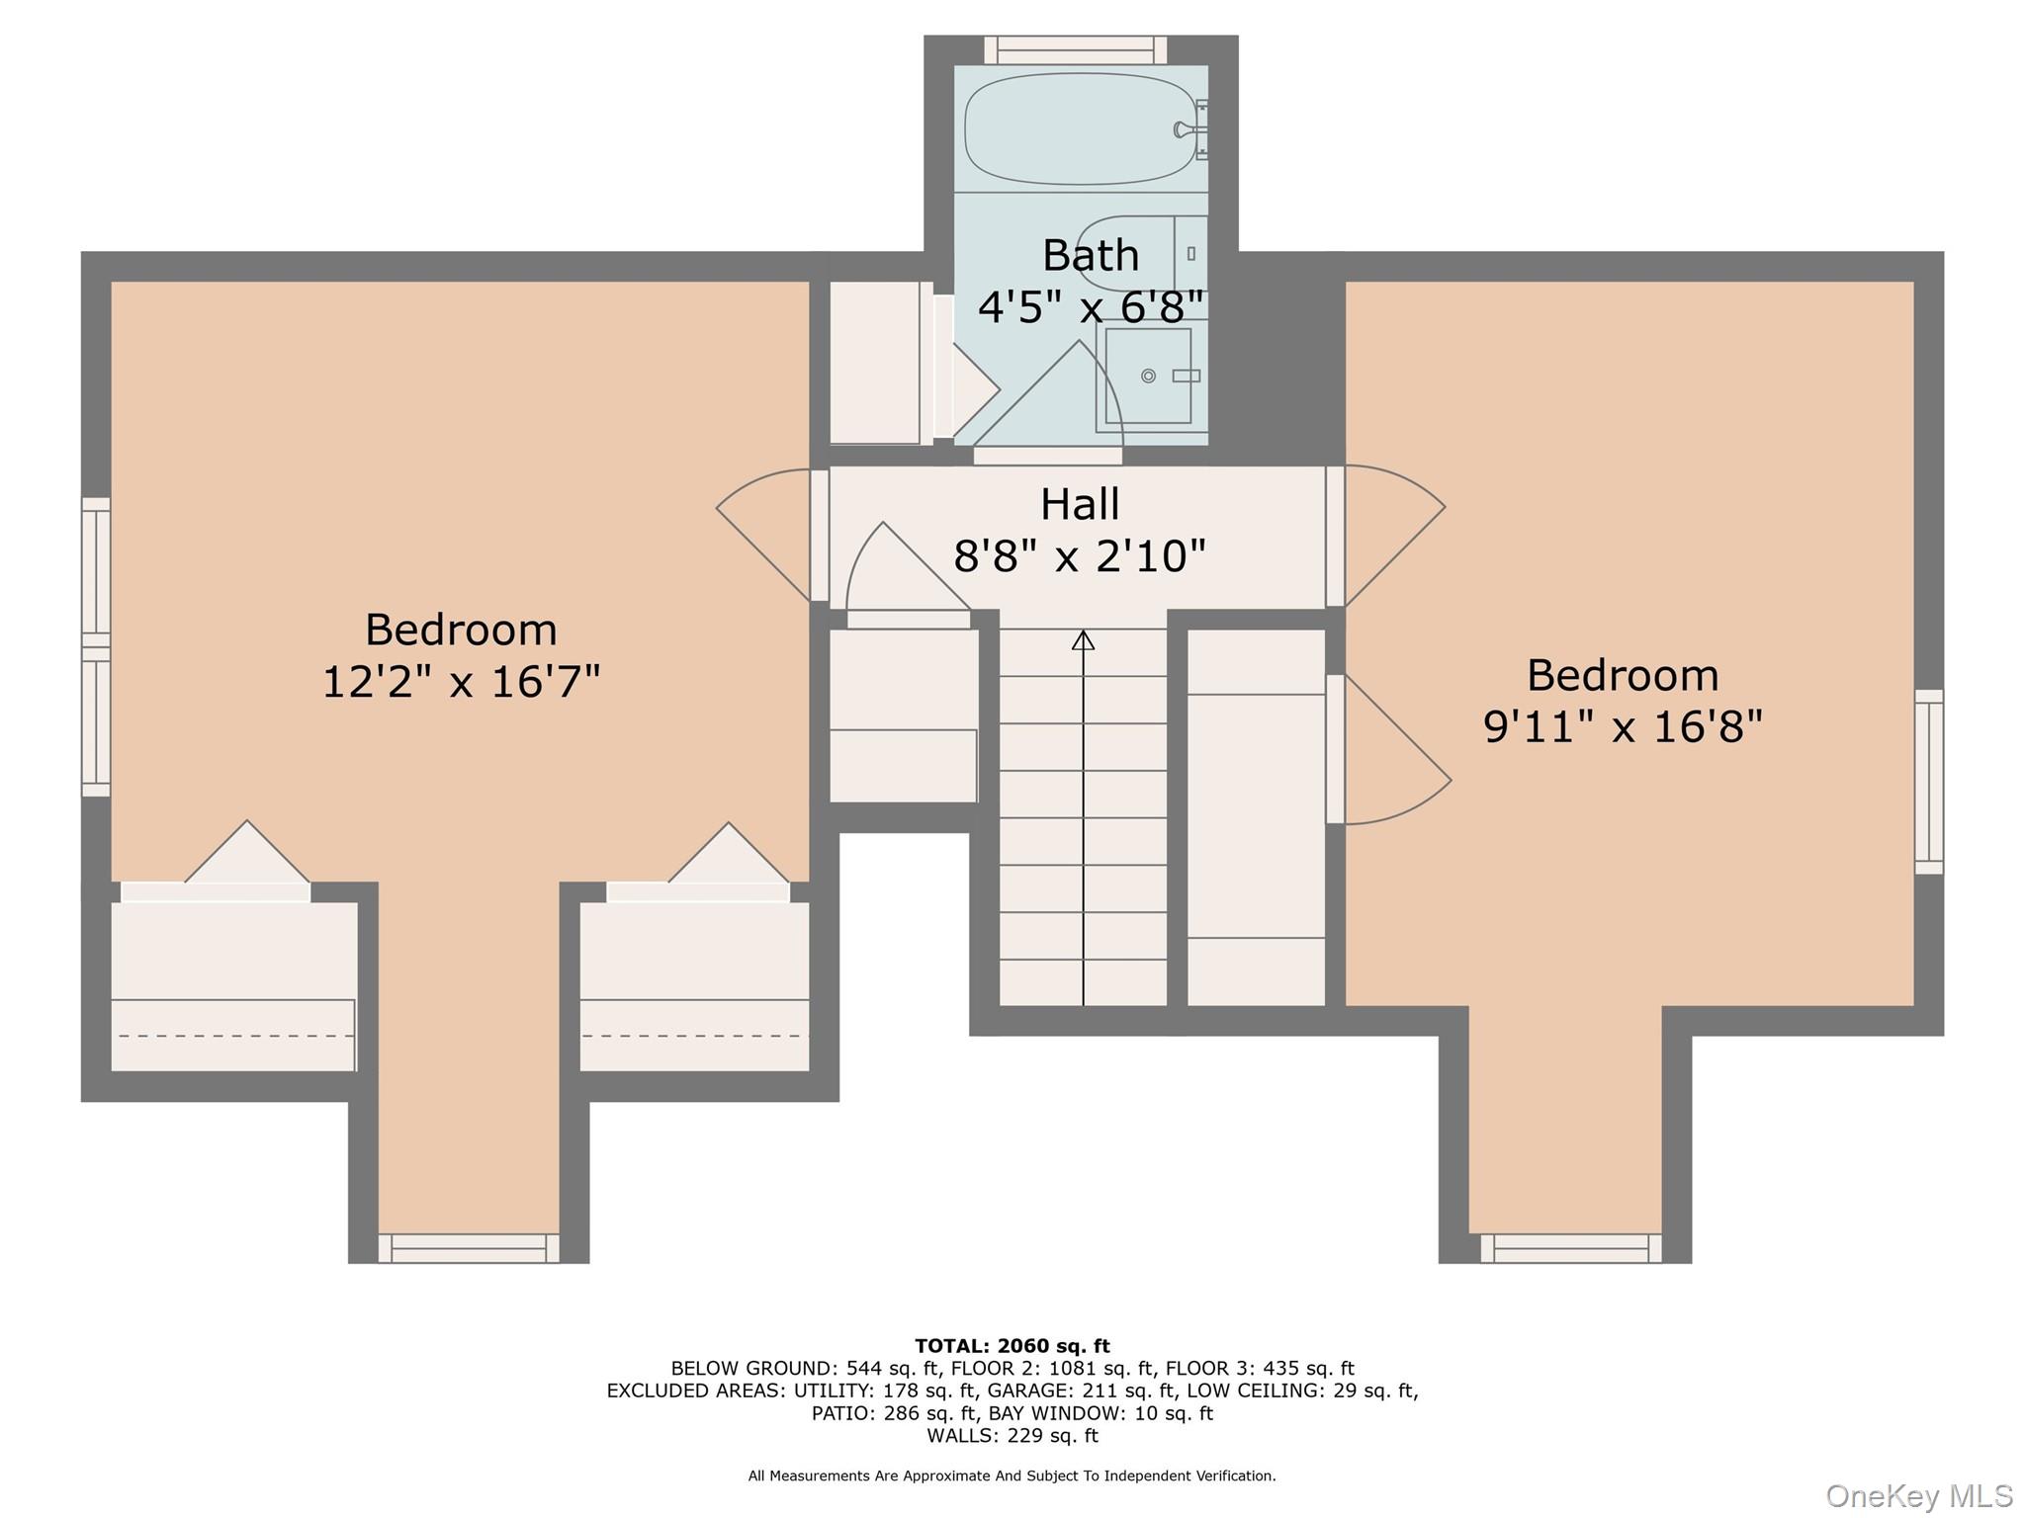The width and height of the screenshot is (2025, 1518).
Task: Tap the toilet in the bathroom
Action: tap(1137, 253)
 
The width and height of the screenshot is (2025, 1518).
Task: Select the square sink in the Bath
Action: tap(1148, 376)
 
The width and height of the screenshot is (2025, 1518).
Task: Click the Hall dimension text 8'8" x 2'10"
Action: tap(1080, 556)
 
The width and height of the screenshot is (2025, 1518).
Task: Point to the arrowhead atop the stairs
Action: tap(1084, 640)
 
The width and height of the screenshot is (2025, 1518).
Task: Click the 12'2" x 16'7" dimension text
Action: tap(462, 682)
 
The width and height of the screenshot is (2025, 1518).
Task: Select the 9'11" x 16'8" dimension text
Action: tap(1623, 727)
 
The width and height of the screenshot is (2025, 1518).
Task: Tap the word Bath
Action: tap(1091, 256)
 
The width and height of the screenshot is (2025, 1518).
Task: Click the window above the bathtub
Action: tap(1076, 49)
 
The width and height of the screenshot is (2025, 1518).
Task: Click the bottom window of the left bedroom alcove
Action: tap(469, 1248)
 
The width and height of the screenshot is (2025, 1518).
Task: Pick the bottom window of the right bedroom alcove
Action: tap(1571, 1248)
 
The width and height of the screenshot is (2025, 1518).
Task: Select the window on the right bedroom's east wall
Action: tap(1928, 782)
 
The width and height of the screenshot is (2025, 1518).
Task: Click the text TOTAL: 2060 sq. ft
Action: tap(1012, 1346)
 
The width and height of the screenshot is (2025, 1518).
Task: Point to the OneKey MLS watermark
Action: tap(1918, 1495)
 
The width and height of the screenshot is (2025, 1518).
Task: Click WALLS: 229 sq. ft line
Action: tap(1012, 1435)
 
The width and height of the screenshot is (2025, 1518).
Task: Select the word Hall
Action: tap(1080, 505)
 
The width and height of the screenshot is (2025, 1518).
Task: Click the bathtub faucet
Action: tap(1183, 129)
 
